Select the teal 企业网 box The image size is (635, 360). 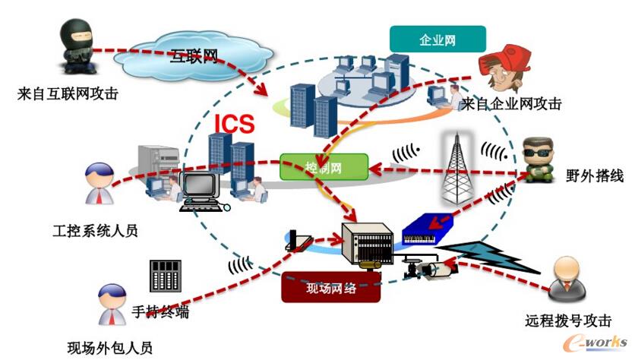[438, 39]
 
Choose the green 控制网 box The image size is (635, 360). [318, 166]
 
